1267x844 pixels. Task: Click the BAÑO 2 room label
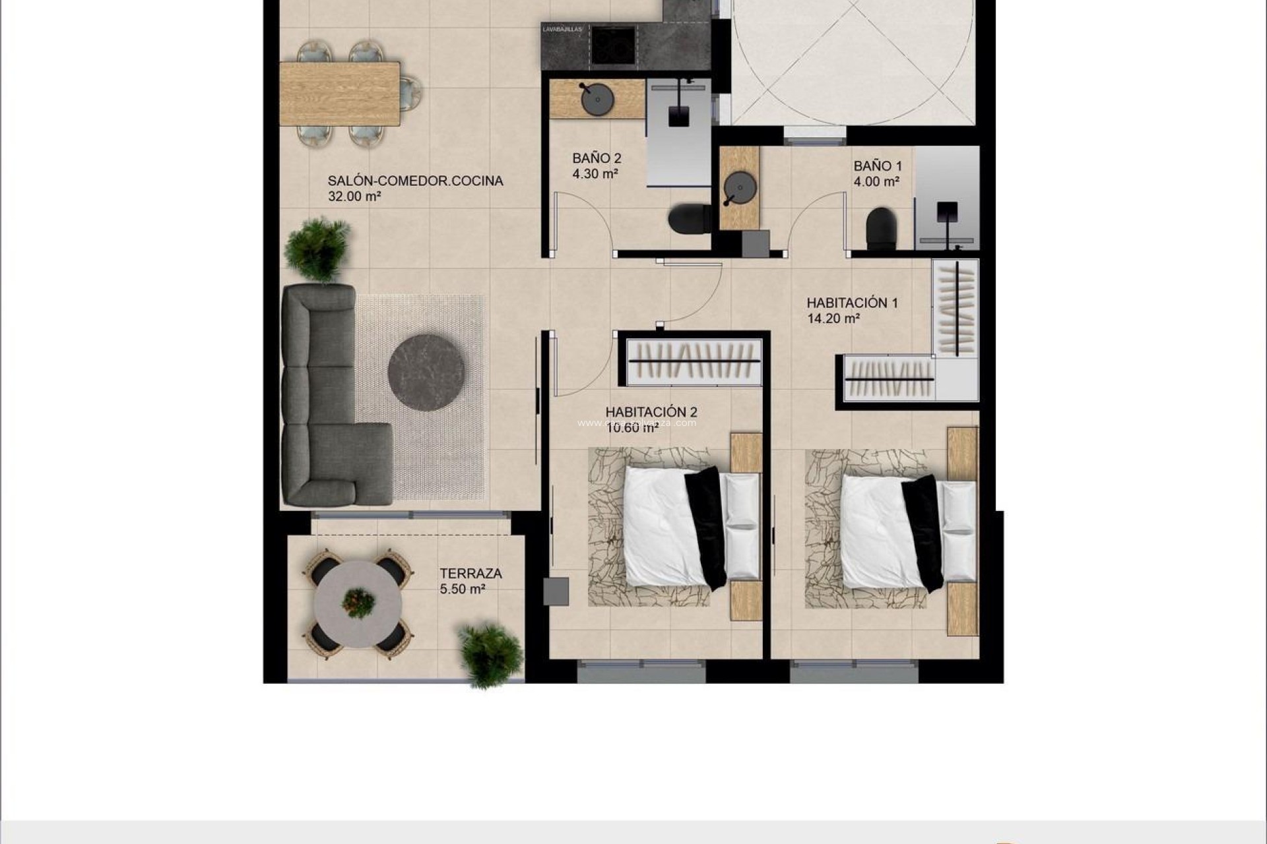(x=597, y=159)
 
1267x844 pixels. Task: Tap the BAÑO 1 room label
(x=877, y=166)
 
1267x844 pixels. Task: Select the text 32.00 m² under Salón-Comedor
(x=354, y=196)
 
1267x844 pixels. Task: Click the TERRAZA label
(x=471, y=574)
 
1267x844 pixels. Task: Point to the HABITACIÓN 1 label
(x=852, y=303)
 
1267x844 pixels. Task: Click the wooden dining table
(x=340, y=93)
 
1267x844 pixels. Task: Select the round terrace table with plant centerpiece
(x=358, y=602)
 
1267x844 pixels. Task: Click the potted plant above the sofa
(x=317, y=249)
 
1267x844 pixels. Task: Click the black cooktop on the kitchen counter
(x=613, y=45)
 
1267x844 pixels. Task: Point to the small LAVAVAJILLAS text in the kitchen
(x=562, y=29)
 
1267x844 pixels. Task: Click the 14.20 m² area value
(x=833, y=319)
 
